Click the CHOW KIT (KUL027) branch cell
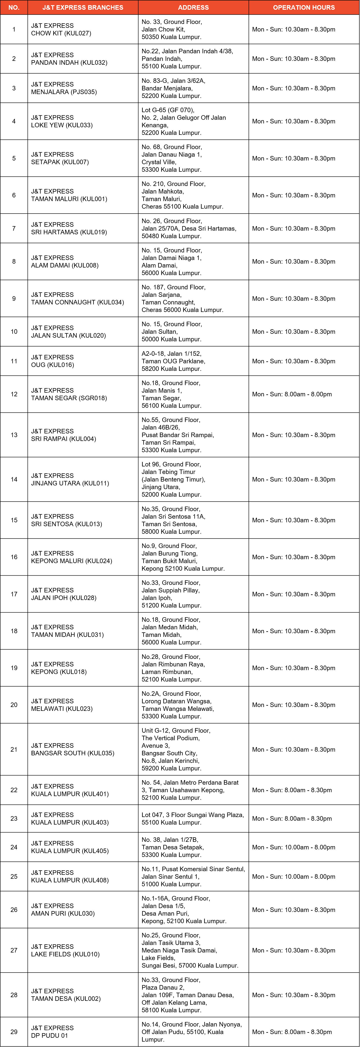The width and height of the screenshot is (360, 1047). tap(61, 29)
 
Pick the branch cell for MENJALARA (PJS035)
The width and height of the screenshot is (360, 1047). tap(64, 88)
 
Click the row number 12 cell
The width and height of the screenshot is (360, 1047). tap(14, 394)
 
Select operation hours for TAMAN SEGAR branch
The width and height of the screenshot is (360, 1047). tap(292, 394)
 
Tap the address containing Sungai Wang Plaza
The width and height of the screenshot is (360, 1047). tap(193, 819)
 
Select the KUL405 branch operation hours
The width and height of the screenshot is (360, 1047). tap(293, 847)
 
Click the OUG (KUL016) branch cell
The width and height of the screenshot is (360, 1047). tap(52, 361)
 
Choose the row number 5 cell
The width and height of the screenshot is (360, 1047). tap(14, 158)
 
